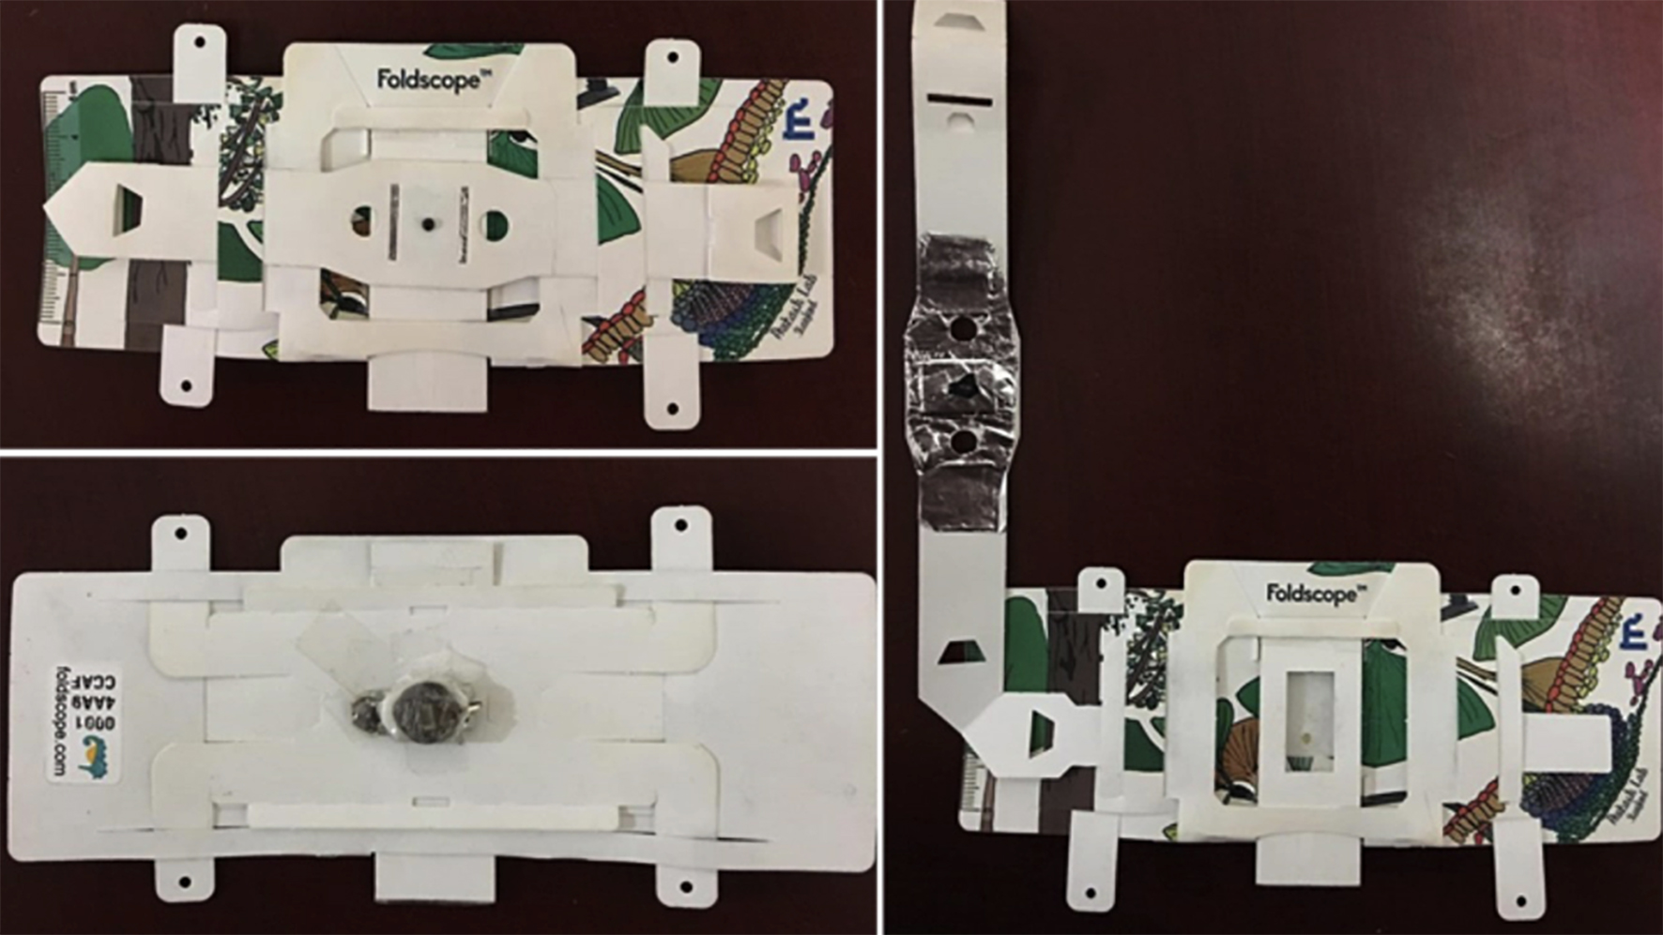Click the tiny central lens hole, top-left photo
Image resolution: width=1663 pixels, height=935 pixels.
(x=427, y=225)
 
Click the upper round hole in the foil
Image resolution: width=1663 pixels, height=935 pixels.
(x=961, y=329)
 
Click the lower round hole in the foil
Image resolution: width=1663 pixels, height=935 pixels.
(x=962, y=441)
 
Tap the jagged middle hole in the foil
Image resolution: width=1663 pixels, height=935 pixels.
(x=962, y=385)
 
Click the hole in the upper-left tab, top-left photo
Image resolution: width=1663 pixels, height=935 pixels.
(x=200, y=43)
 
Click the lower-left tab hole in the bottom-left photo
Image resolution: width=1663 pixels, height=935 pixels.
(x=185, y=883)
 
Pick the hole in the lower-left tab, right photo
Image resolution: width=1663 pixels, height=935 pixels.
(x=1090, y=894)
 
